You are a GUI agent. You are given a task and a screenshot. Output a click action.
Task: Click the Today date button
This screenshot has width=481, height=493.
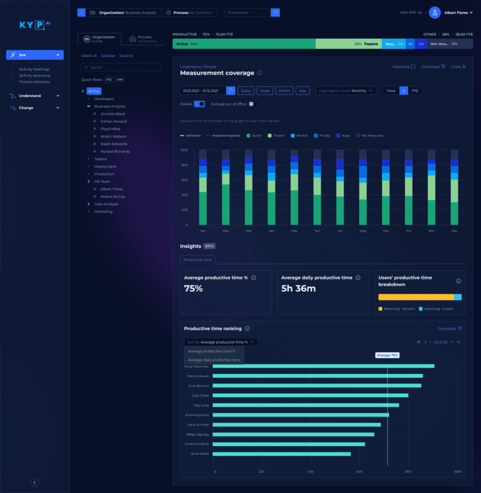246,91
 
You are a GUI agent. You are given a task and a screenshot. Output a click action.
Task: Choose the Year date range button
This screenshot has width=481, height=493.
303,91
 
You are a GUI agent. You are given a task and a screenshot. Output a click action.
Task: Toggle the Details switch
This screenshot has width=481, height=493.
200,104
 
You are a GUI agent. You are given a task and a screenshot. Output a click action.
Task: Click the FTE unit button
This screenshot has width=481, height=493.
415,91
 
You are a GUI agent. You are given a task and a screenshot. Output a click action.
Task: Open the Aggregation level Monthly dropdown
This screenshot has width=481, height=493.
346,91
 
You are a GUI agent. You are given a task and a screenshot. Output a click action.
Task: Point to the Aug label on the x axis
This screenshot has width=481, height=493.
363,231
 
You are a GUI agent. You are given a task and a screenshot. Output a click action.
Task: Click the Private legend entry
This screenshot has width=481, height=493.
324,135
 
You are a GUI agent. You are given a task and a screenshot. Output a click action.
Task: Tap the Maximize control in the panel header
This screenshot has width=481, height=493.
404,66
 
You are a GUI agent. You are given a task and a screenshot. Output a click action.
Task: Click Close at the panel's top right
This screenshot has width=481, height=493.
458,66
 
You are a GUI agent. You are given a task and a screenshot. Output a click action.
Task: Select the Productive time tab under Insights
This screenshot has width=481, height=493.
198,259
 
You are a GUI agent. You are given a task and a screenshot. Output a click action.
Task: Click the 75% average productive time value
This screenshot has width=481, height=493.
194,289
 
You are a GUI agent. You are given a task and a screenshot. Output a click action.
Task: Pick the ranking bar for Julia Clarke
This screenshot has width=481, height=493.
310,395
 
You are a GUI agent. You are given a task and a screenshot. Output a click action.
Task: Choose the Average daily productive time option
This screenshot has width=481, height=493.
214,360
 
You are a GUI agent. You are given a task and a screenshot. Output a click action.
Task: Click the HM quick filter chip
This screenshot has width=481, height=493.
120,80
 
